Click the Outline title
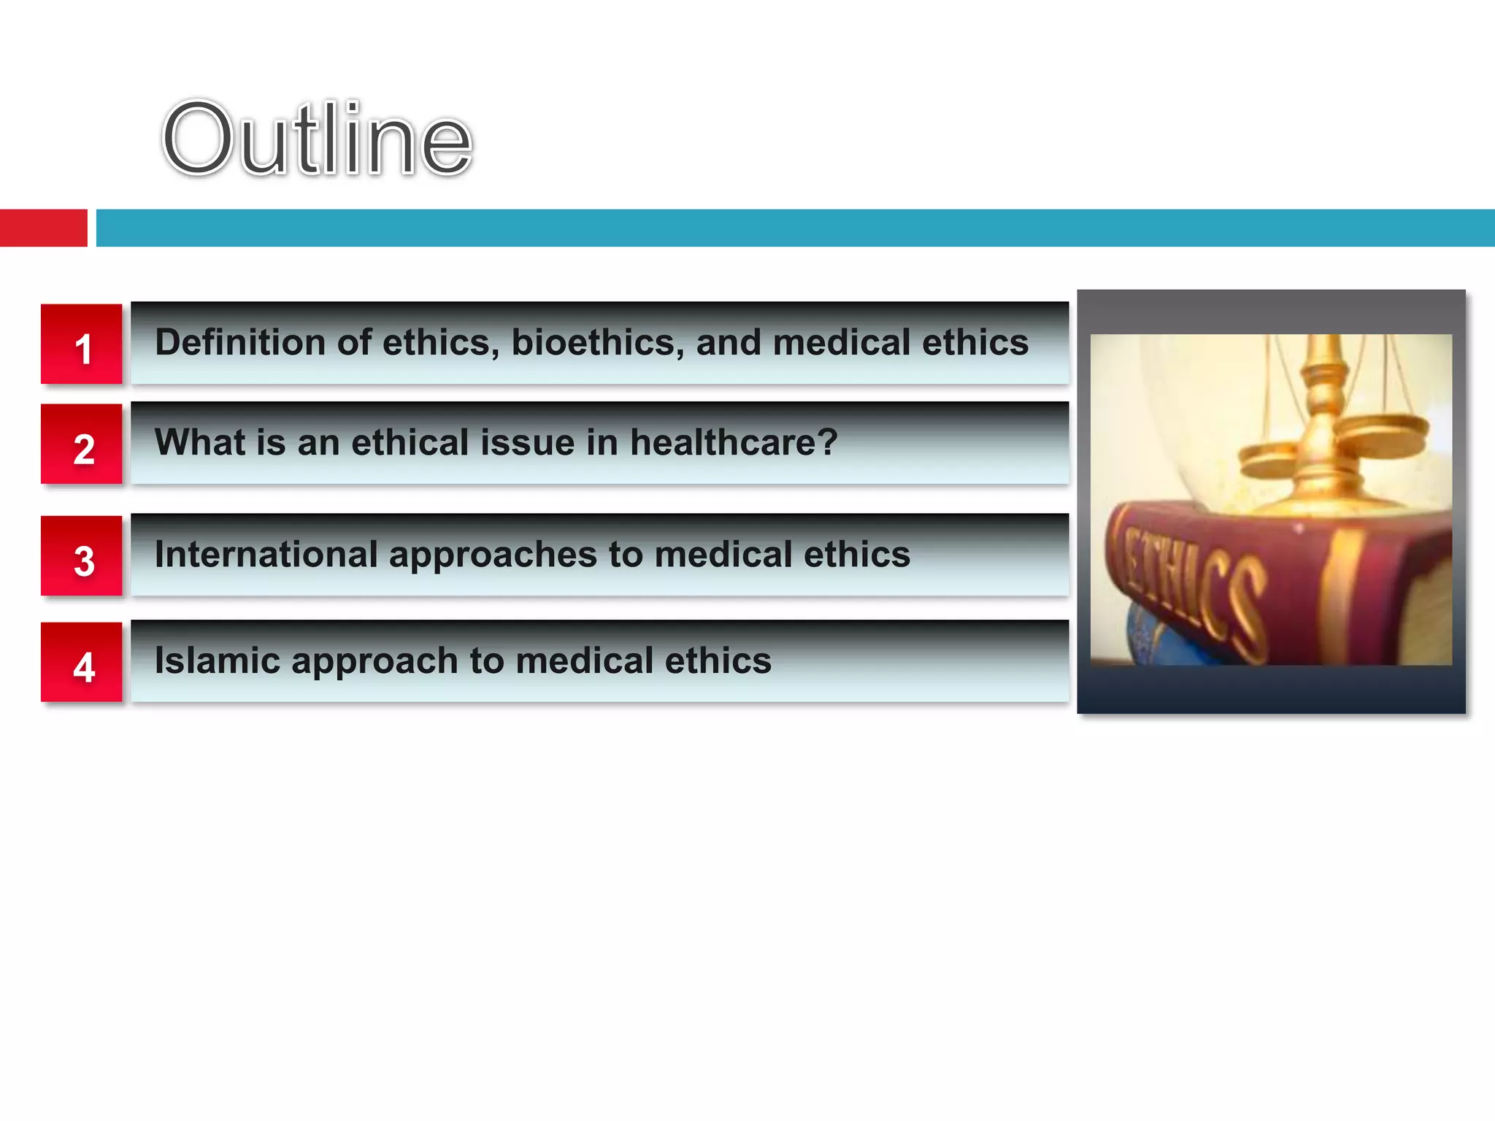(x=318, y=139)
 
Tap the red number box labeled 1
(x=82, y=344)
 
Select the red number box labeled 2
(x=82, y=444)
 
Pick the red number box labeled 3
(x=82, y=556)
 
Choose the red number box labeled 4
(x=82, y=663)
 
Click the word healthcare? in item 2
(x=734, y=442)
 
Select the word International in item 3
(x=266, y=555)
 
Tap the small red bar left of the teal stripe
(x=43, y=228)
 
